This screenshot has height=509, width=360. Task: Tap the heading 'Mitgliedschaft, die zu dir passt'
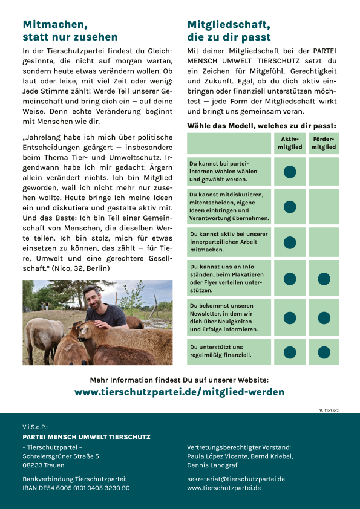[x=229, y=31]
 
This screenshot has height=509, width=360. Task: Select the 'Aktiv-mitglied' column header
[x=290, y=143]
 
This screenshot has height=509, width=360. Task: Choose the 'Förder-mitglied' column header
[x=324, y=143]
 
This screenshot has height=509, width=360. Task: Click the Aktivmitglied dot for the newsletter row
[x=290, y=317]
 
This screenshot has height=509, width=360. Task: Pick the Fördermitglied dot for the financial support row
[x=324, y=352]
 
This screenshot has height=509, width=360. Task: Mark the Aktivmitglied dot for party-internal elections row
[x=290, y=172]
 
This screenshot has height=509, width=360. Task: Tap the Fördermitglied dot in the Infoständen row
[x=324, y=279]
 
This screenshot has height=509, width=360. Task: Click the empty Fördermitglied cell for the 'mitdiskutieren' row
[x=324, y=207]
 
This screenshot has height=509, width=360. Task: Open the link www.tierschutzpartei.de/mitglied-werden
[x=179, y=392]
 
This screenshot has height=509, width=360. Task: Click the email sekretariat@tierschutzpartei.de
[x=236, y=479]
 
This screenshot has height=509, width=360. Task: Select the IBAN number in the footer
[x=76, y=488]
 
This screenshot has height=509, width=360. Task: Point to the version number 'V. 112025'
[x=329, y=410]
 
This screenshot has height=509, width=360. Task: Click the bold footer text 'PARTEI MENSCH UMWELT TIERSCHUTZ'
[x=87, y=437]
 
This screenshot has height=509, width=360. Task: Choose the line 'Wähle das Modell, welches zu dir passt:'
[x=261, y=126]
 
